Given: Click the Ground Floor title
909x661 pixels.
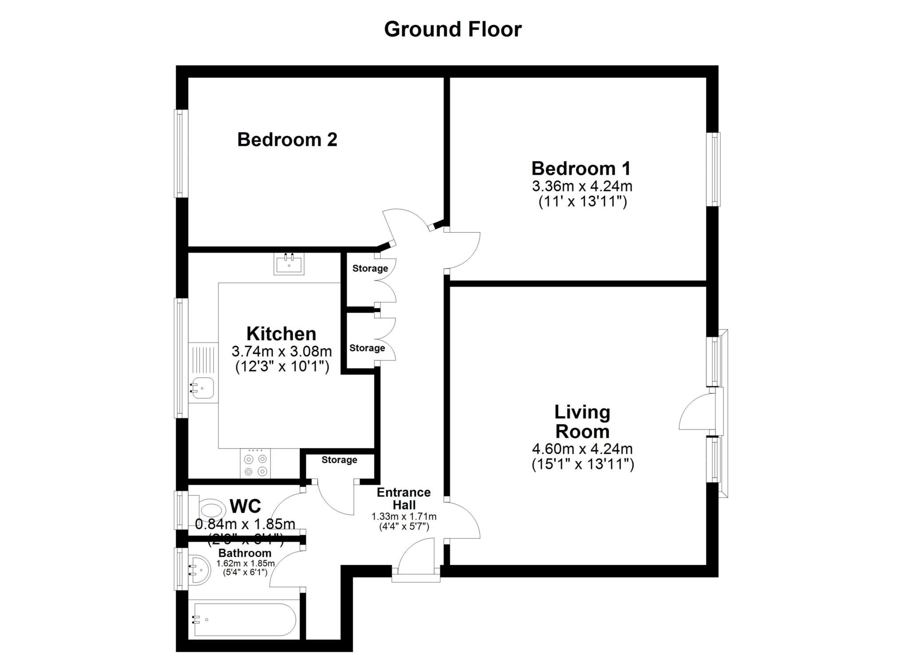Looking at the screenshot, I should tap(452, 29).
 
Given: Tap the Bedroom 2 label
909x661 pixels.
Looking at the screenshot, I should tap(287, 140).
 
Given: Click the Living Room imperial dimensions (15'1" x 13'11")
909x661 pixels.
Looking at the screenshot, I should tap(582, 464).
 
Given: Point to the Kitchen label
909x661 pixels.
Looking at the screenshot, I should tap(281, 333).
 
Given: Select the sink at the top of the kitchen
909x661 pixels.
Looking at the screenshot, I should tap(289, 265).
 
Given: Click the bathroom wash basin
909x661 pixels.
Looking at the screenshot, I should tap(199, 569).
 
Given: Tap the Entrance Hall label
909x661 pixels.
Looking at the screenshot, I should tap(403, 499).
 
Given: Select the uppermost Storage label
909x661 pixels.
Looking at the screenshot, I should tap(370, 268).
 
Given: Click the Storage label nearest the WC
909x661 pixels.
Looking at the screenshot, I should tap(339, 460).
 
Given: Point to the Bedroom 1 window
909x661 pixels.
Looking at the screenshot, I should tap(714, 169).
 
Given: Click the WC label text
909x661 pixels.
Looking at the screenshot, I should tap(245, 506).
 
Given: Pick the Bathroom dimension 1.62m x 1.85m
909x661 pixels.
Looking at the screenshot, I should tap(245, 563).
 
